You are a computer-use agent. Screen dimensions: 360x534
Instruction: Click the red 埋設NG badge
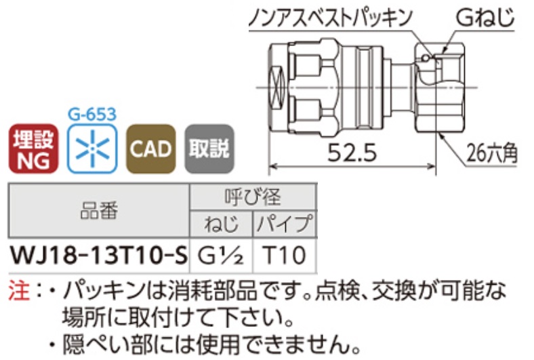point(32,149)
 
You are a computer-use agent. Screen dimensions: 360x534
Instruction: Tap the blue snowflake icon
point(91,149)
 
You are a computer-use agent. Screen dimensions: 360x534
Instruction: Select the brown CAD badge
point(150,149)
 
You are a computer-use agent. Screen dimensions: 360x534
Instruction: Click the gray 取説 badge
point(208,149)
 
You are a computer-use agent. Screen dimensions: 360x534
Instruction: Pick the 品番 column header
point(98,211)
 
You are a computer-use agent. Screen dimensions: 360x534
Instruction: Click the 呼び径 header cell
point(252,197)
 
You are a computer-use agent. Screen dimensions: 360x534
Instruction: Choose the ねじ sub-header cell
point(221,224)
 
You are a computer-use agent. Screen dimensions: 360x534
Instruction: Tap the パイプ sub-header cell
point(285,224)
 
